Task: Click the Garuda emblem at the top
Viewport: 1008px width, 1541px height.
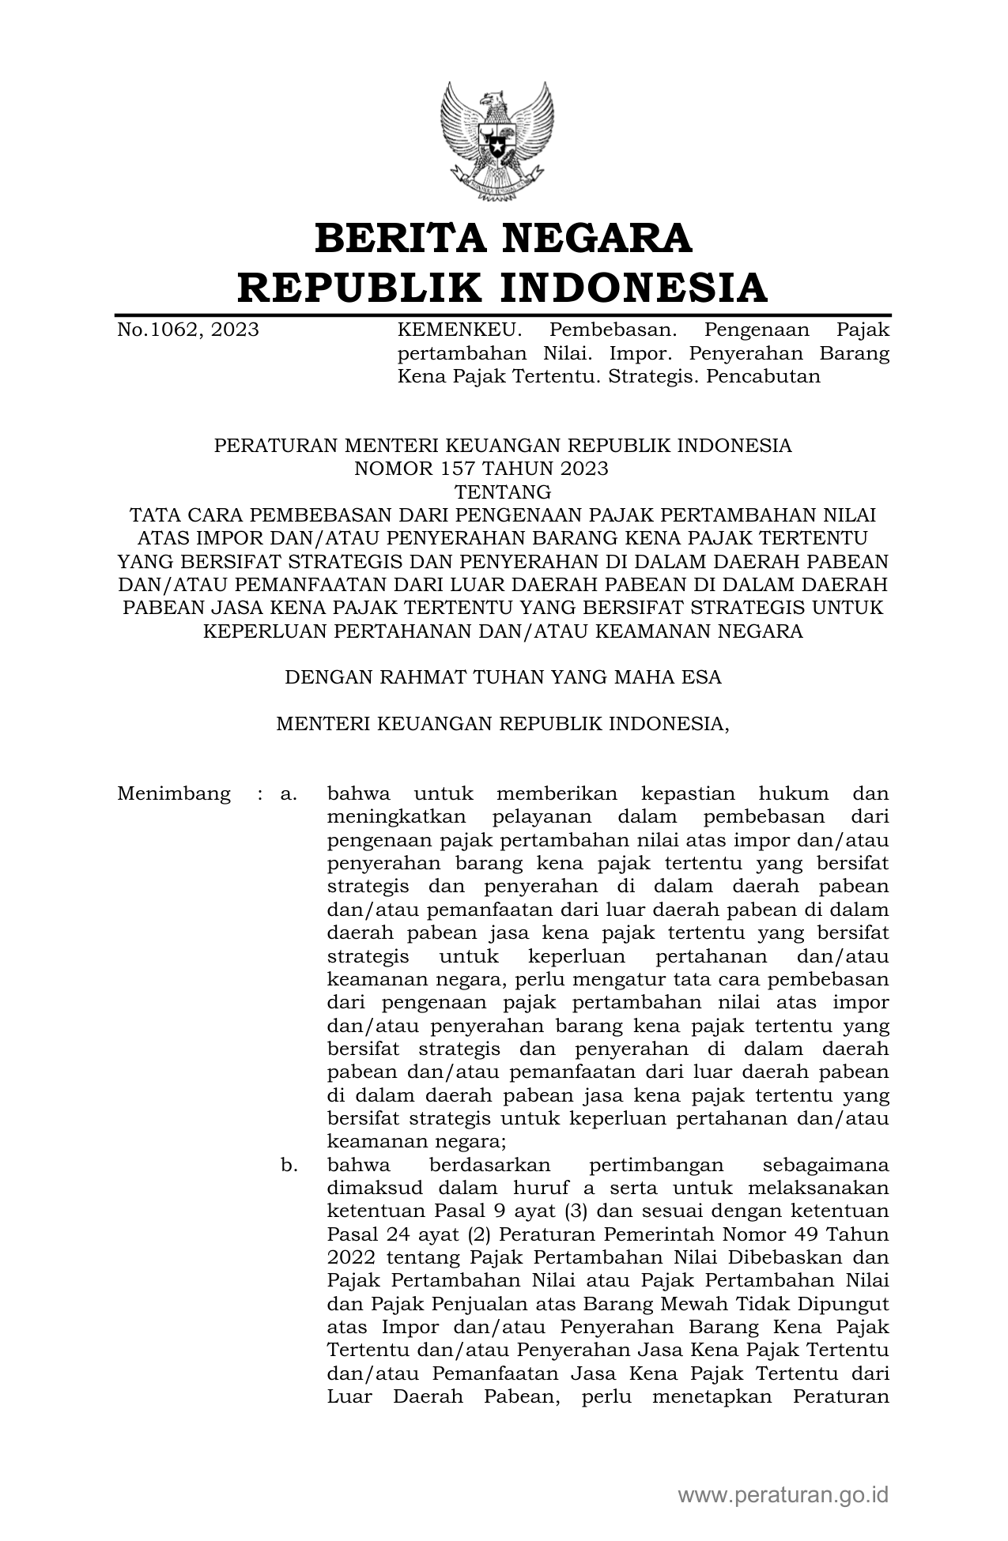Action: pos(496,141)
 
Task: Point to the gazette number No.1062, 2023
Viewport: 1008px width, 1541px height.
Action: pos(188,330)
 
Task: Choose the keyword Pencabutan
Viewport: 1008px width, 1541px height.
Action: pos(764,376)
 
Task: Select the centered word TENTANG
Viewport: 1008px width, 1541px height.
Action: pos(503,492)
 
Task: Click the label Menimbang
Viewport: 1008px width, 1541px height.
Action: pos(174,793)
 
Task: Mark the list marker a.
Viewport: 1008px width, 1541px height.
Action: pos(288,793)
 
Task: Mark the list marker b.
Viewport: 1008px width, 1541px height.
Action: pos(288,1165)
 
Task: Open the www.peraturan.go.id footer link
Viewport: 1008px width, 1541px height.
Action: pos(783,1495)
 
